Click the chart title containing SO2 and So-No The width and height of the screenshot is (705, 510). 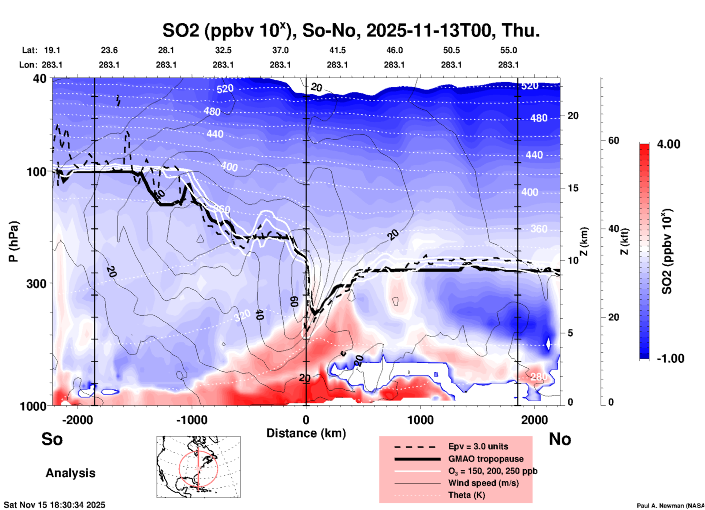click(x=351, y=30)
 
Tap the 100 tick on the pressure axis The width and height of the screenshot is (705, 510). click(x=37, y=172)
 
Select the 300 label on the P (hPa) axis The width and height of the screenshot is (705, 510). click(x=37, y=284)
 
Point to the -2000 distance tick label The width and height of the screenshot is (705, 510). click(x=78, y=420)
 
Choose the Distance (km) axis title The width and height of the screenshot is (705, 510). click(x=306, y=433)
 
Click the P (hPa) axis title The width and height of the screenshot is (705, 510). click(x=14, y=241)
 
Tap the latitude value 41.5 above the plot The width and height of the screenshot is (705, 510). click(x=337, y=50)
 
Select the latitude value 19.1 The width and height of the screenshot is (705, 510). click(x=52, y=50)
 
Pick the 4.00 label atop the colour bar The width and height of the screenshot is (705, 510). click(x=668, y=144)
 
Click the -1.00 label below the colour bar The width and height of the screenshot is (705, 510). click(x=670, y=359)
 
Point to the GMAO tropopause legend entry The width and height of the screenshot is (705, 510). click(x=486, y=459)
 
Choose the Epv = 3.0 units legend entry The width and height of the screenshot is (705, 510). click(x=478, y=447)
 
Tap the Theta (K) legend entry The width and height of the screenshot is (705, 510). click(x=466, y=495)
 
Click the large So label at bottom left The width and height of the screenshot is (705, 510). click(x=52, y=439)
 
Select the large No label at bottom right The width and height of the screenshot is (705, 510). click(x=560, y=439)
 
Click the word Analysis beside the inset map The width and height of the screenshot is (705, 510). click(x=70, y=473)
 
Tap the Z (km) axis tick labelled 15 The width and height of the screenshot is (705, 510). click(x=573, y=188)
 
